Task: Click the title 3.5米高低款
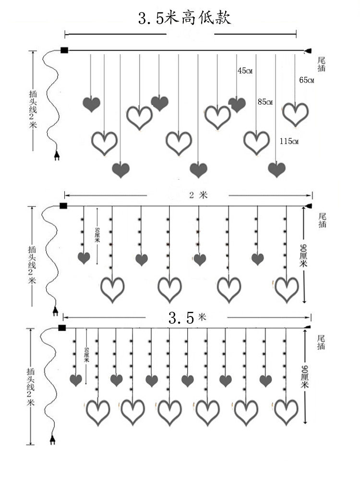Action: click(x=185, y=18)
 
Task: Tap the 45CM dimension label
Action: click(x=245, y=71)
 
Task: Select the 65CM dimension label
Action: click(x=306, y=80)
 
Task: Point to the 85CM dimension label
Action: click(x=265, y=102)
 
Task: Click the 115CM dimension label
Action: click(x=289, y=141)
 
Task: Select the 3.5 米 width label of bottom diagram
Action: click(x=187, y=317)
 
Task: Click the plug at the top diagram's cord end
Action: click(x=57, y=156)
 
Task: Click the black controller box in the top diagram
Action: click(x=64, y=49)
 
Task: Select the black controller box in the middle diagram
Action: click(x=63, y=206)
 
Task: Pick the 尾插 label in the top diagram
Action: click(x=322, y=64)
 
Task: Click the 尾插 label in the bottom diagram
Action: click(x=322, y=342)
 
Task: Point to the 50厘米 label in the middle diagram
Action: click(x=97, y=235)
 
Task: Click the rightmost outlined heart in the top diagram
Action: click(x=295, y=114)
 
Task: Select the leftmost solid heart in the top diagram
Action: click(x=91, y=104)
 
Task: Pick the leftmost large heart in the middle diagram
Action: click(x=113, y=289)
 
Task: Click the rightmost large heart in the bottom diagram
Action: click(x=287, y=412)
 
